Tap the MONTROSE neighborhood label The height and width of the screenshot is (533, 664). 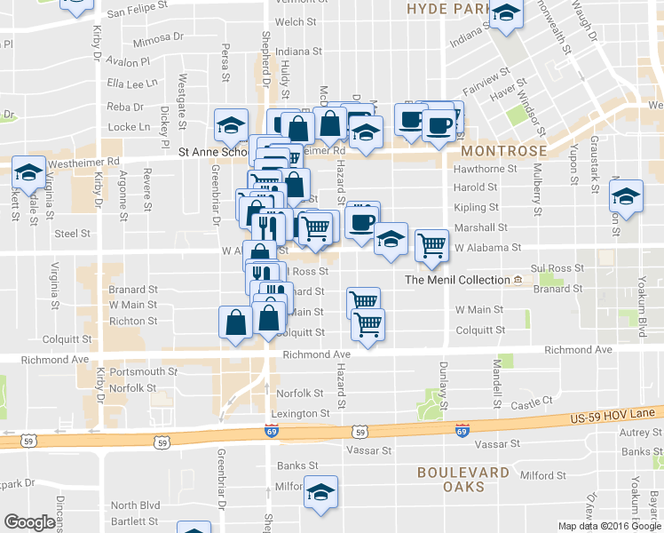point(502,151)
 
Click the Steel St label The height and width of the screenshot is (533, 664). point(73,234)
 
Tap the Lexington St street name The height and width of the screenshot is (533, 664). point(300,414)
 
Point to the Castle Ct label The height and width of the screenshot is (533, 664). point(533,402)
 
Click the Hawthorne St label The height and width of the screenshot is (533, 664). point(485,168)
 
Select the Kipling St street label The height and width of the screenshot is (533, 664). point(476,207)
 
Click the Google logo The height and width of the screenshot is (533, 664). point(29,522)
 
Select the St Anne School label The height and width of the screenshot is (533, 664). point(213,152)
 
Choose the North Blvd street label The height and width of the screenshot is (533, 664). point(137,505)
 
